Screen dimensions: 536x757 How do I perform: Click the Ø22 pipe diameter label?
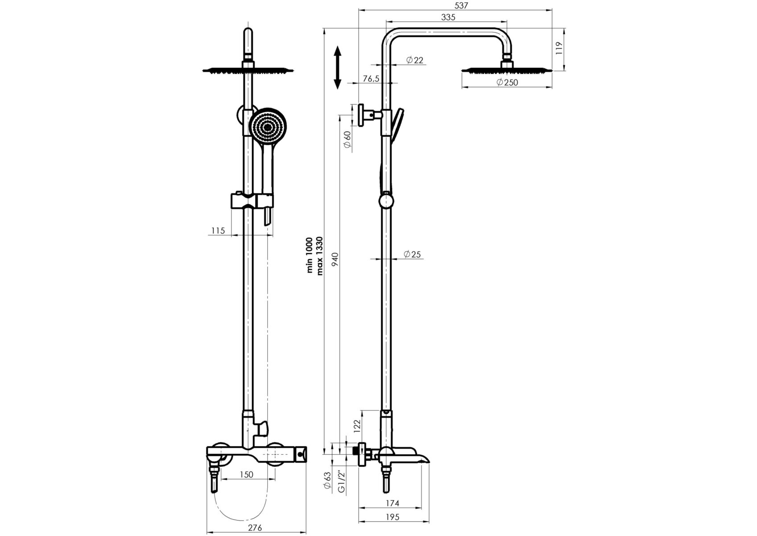[414, 60]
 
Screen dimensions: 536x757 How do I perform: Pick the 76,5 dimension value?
[371, 79]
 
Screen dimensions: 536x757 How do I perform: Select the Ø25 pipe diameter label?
[412, 255]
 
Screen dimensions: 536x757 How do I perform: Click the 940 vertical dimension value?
[335, 259]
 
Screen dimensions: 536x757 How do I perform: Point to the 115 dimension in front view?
[218, 231]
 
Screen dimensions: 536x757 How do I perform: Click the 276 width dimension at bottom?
[255, 528]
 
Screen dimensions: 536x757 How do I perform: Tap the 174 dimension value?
[392, 503]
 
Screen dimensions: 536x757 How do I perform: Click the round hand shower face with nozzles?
[267, 126]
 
